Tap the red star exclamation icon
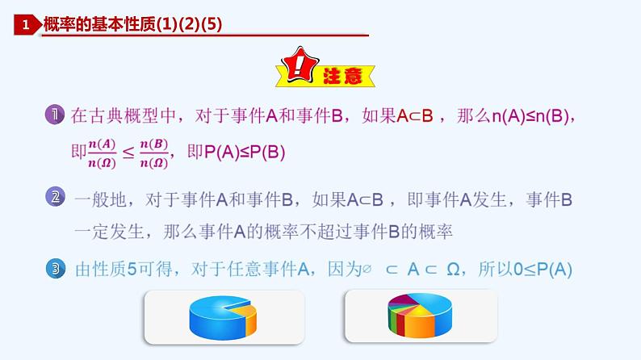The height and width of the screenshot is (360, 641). tap(298, 71)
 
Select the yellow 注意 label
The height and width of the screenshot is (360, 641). tap(348, 76)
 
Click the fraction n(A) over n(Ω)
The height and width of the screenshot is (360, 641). tap(103, 153)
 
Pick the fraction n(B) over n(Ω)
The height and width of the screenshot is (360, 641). tap(153, 153)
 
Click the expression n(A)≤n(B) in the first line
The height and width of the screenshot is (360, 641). tap(534, 115)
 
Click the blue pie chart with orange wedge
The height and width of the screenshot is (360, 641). tap(224, 316)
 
